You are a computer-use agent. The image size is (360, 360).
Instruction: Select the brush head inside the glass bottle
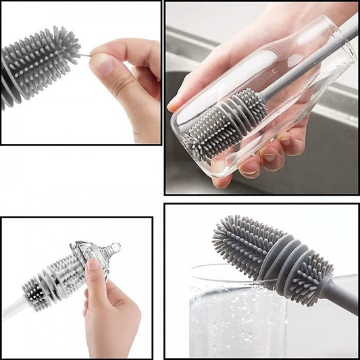coord(226,122)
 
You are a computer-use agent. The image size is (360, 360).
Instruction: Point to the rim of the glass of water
coord(223,272)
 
